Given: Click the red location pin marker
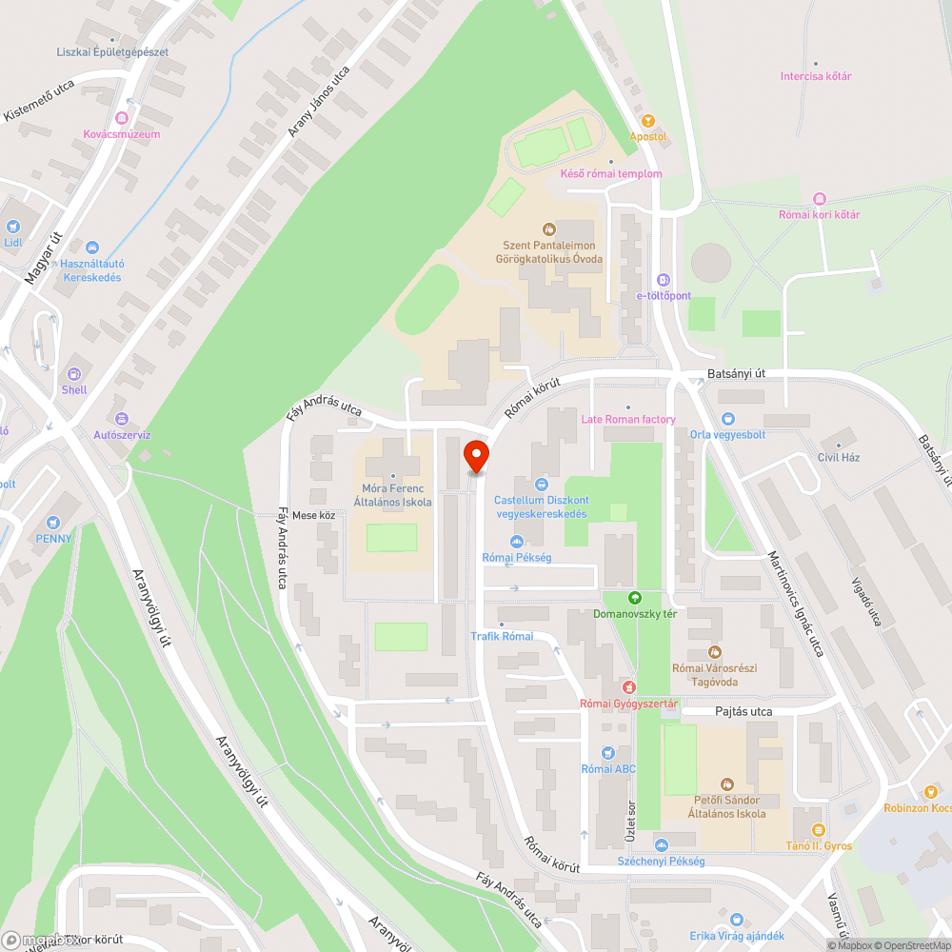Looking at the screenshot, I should pyautogui.click(x=475, y=456).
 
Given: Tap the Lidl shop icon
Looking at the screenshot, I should pyautogui.click(x=13, y=227).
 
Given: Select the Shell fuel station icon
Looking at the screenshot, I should pyautogui.click(x=74, y=374).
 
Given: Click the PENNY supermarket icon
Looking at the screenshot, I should pyautogui.click(x=53, y=523).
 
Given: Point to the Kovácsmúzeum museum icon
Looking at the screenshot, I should pyautogui.click(x=121, y=118).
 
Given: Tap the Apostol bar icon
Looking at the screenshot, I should pyautogui.click(x=648, y=121).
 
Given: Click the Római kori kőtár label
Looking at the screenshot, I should pyautogui.click(x=819, y=214).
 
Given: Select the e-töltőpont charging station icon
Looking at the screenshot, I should pyautogui.click(x=664, y=280).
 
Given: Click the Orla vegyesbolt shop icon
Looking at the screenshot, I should pyautogui.click(x=728, y=418).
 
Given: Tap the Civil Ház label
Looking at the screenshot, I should pyautogui.click(x=838, y=457).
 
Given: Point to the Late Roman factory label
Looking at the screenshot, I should pyautogui.click(x=628, y=419).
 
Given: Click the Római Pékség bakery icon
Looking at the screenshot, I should pyautogui.click(x=517, y=542).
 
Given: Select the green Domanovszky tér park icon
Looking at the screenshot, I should pyautogui.click(x=635, y=598).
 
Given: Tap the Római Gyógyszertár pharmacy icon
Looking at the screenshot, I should pyautogui.click(x=628, y=687).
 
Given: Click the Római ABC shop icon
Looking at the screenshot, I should pyautogui.click(x=609, y=753).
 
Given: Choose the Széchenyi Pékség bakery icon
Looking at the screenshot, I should pyautogui.click(x=661, y=845).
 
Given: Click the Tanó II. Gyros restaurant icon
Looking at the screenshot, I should pyautogui.click(x=818, y=830).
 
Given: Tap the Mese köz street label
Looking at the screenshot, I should pyautogui.click(x=313, y=515).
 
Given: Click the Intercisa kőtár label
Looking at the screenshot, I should pyautogui.click(x=815, y=76).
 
